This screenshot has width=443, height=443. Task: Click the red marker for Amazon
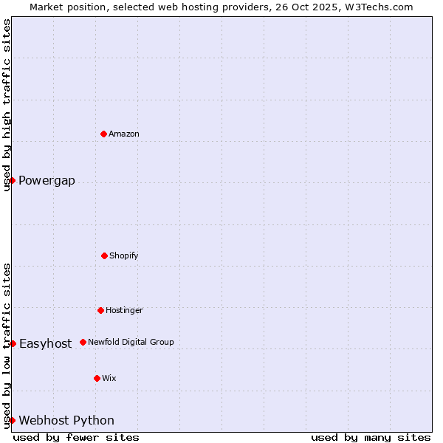pos(104,134)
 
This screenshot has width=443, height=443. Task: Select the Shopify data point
pos(104,255)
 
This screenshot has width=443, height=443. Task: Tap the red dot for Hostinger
pos(100,310)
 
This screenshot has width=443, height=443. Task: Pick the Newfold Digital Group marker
pos(83,342)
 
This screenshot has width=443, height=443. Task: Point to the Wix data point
pos(97,378)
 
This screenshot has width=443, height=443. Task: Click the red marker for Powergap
pos(12,180)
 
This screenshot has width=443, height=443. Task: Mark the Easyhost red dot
pos(13,343)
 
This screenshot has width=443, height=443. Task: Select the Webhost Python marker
pos(12,420)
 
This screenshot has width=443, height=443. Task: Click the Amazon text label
pos(124,134)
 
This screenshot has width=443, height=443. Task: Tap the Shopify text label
pos(124,255)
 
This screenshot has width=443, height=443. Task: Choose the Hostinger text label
pos(124,310)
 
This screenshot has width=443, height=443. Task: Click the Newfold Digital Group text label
pos(131,342)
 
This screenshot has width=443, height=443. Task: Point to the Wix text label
pos(109,378)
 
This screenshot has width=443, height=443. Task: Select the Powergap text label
pos(47,181)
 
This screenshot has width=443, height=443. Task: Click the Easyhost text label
pos(45,343)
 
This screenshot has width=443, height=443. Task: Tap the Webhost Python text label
pos(66,421)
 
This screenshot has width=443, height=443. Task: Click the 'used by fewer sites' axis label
pos(76,437)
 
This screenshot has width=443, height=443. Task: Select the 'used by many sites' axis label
pos(371,437)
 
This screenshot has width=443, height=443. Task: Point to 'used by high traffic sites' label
pos(7,105)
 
